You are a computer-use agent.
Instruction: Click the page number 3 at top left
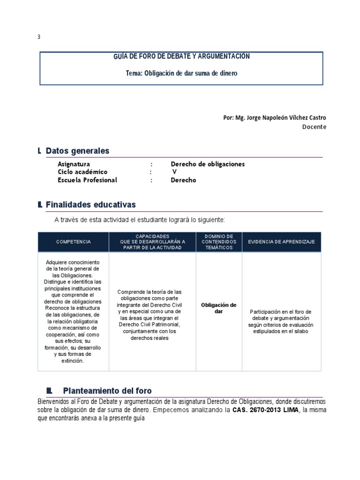38,37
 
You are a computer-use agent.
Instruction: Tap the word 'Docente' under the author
314,127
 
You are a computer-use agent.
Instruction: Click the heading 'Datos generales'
77,150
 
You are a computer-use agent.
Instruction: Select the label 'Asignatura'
74,164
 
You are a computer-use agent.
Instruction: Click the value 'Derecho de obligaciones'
208,164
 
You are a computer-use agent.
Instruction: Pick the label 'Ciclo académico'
82,172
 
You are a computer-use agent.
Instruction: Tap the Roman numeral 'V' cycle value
174,172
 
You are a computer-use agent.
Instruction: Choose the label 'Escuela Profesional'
87,180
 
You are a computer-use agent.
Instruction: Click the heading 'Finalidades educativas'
90,205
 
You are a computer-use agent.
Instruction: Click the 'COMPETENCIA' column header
74,241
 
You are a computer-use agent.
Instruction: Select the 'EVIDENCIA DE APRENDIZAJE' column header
281,241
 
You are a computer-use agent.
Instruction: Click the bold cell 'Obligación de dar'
218,308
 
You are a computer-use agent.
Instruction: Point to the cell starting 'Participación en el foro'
281,322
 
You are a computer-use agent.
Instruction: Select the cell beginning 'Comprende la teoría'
150,315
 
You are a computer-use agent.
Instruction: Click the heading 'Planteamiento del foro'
107,391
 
